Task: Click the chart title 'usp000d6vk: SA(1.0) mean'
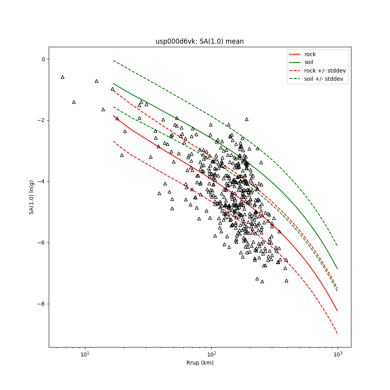pyautogui.click(x=199, y=41)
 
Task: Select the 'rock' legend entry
pyautogui.click(x=310, y=54)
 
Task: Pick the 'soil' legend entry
pyautogui.click(x=308, y=62)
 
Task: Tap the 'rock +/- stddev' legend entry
pyautogui.click(x=325, y=71)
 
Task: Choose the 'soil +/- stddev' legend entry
pyautogui.click(x=324, y=79)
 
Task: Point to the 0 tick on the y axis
pyautogui.click(x=43, y=59)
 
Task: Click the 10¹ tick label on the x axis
pyautogui.click(x=85, y=355)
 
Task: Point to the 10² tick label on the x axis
pyautogui.click(x=211, y=355)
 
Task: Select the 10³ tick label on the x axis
pyautogui.click(x=338, y=355)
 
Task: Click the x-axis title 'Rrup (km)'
pyautogui.click(x=200, y=363)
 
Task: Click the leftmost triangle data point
pyautogui.click(x=62, y=77)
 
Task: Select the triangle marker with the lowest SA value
pyautogui.click(x=262, y=281)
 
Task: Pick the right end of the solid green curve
pyautogui.click(x=337, y=269)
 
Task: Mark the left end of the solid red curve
pyautogui.click(x=113, y=115)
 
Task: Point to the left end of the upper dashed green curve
pyautogui.click(x=113, y=60)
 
